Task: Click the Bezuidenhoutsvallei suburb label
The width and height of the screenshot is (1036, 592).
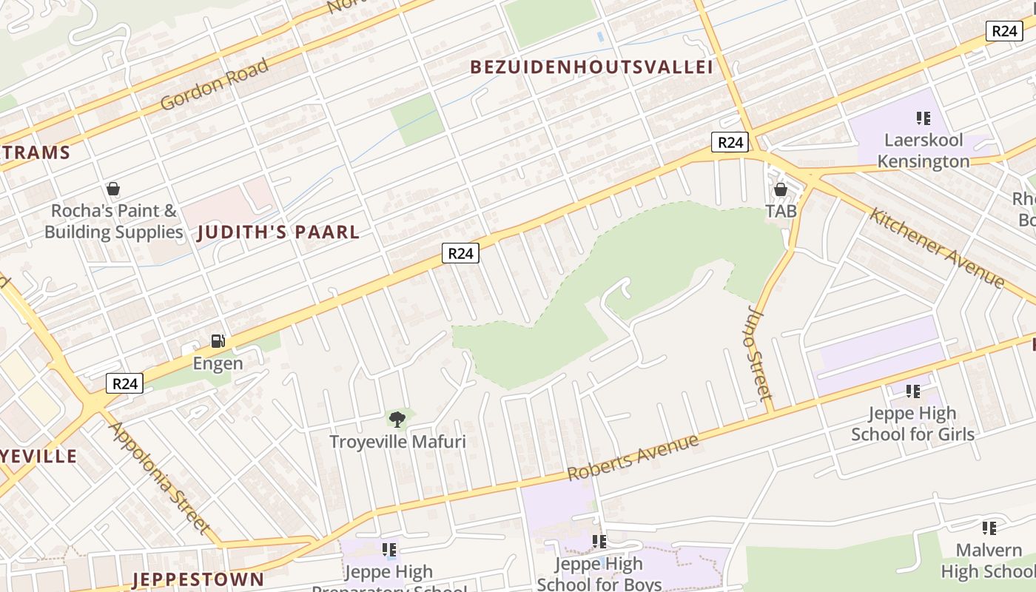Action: coord(591,67)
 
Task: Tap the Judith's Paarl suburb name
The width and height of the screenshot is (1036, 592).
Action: coord(278,232)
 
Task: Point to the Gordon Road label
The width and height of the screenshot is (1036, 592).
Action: coord(214,84)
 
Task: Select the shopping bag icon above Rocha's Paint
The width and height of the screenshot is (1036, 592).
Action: coord(113,189)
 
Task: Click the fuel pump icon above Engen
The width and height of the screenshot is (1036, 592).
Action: coord(218,341)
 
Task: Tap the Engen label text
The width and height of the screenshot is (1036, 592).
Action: coord(218,363)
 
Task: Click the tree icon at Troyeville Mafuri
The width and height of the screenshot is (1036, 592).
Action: coord(397,420)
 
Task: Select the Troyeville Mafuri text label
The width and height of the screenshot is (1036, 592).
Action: coord(397,442)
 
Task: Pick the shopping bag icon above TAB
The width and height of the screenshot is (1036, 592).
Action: coord(781,190)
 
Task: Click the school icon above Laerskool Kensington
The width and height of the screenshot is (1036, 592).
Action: coord(923,118)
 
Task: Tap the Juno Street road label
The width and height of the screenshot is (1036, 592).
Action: coord(761,360)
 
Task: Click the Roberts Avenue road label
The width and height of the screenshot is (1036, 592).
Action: coord(633,458)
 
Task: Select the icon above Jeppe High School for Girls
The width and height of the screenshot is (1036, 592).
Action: coord(912,391)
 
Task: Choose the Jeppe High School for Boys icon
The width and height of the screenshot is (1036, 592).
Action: coord(599,542)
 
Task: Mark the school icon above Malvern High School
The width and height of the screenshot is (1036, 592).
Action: coord(989,528)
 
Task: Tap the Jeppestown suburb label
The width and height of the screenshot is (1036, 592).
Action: coord(198,579)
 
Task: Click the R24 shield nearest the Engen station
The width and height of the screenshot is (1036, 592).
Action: coord(124,383)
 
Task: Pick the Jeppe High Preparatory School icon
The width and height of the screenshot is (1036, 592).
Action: coord(389,550)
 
